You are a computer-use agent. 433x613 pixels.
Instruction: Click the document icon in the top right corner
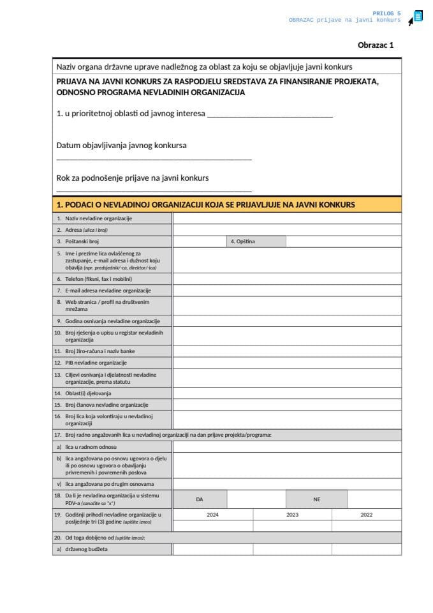click(418, 17)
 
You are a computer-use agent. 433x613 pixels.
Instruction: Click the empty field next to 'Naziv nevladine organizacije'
click(287, 218)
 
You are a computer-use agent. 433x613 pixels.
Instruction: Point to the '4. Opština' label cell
click(256, 241)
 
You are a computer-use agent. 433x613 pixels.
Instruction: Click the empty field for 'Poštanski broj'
click(199, 241)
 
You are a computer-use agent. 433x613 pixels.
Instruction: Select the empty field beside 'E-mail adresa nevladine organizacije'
click(287, 291)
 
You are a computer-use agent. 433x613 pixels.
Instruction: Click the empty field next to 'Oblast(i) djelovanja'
click(287, 393)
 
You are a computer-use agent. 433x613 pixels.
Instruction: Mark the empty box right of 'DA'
click(256, 499)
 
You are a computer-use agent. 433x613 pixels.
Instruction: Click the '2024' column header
click(212, 514)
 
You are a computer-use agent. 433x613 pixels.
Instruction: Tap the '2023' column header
click(292, 514)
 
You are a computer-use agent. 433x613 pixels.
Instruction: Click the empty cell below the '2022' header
click(367, 526)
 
